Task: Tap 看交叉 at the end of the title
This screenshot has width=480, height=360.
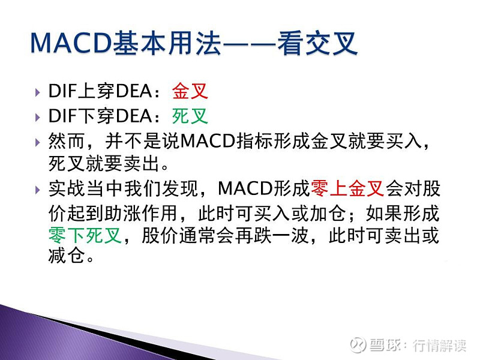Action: [x=318, y=43]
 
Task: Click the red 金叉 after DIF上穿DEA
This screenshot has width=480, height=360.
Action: [x=190, y=92]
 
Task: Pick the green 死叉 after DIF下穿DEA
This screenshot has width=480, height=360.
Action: [x=190, y=115]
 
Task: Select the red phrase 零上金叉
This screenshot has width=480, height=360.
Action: [x=347, y=190]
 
